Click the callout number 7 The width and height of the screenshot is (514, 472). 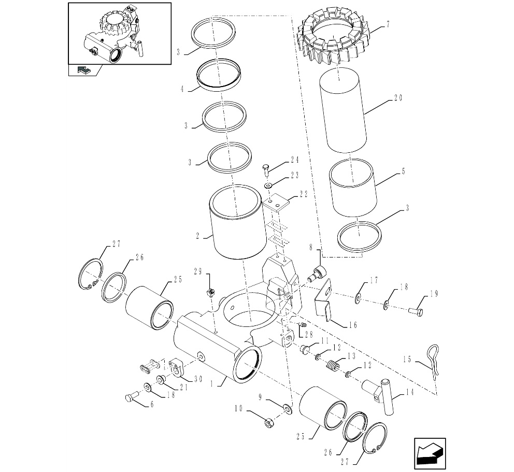tap(388, 24)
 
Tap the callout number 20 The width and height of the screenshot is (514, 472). tap(398, 98)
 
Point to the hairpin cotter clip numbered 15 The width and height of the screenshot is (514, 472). tap(433, 363)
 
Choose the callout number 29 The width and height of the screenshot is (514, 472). tap(197, 271)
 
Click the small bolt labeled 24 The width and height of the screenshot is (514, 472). tap(266, 171)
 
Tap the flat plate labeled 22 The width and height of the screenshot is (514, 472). tap(276, 204)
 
